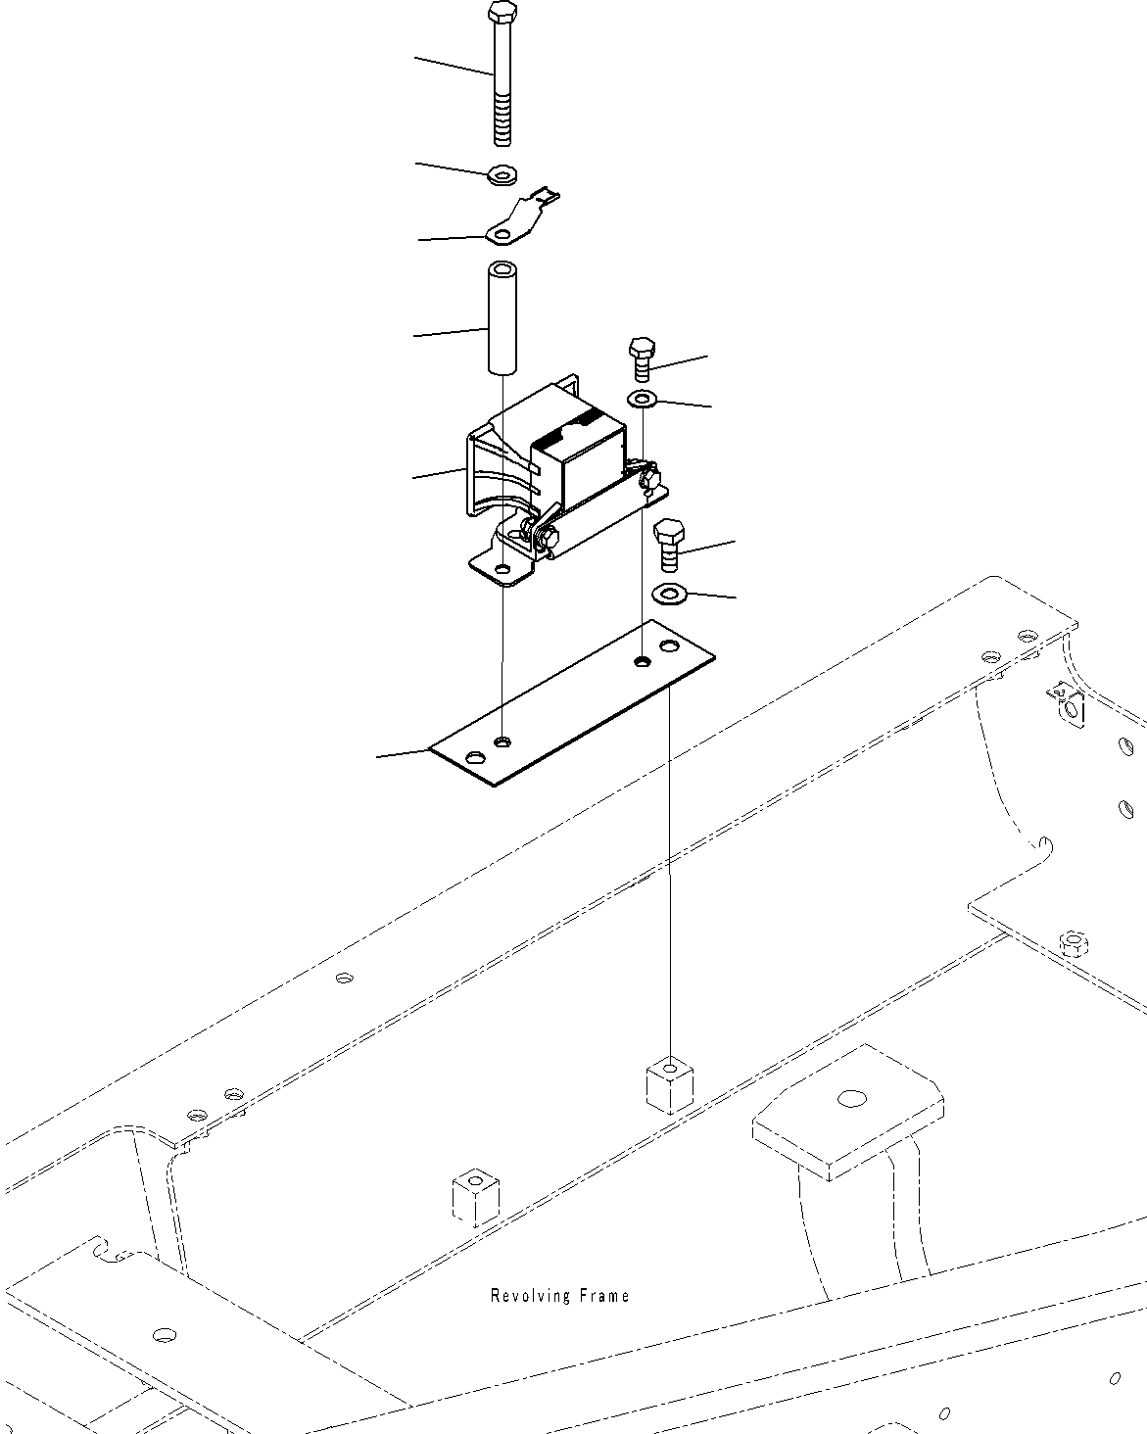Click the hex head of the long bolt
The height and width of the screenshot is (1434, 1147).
tap(501, 14)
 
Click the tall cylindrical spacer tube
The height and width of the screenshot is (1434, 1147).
tap(502, 318)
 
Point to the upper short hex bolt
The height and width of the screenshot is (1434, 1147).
tap(642, 358)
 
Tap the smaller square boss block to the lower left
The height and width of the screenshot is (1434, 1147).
tap(476, 1195)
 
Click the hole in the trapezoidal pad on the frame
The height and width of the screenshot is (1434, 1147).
tap(850, 1098)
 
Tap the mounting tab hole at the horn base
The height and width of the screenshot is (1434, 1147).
tap(502, 569)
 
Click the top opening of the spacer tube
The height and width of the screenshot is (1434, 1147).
tap(502, 268)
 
